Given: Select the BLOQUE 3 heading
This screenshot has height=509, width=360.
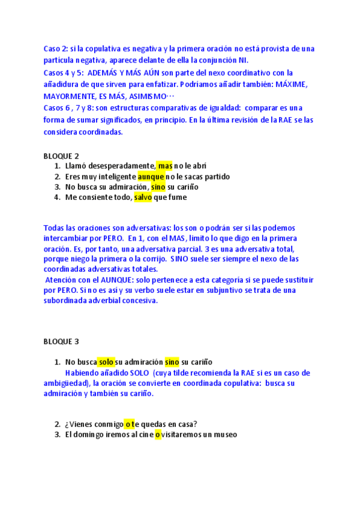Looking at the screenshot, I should [61, 342].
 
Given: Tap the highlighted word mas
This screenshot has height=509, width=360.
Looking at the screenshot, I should [165, 166].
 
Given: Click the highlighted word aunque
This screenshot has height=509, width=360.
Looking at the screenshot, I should [150, 176].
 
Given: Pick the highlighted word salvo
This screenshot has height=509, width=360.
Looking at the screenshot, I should [143, 197].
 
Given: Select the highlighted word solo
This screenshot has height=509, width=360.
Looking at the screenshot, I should [106, 362].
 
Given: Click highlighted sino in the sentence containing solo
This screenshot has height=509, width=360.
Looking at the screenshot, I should [172, 362].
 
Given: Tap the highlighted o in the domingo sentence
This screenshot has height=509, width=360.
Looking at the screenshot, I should [158, 435].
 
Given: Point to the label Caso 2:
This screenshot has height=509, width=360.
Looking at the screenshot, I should [58, 49].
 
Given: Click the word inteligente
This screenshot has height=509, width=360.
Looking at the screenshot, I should [112, 176].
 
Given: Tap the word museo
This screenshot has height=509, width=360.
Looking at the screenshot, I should [224, 435].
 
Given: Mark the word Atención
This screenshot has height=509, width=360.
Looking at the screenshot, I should [62, 280].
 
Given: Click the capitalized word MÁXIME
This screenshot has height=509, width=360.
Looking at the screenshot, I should [290, 85].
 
